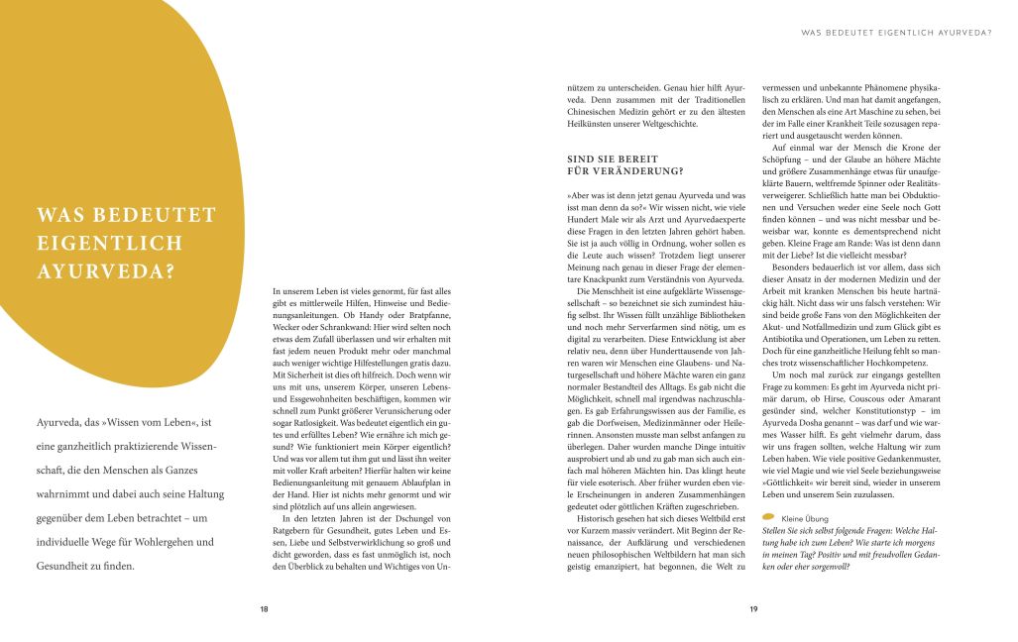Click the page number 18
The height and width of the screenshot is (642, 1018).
coord(264,608)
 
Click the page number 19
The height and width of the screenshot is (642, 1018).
coord(753,608)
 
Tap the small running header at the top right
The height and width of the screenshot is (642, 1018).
coord(896,33)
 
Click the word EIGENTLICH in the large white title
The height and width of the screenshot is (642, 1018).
coord(109,242)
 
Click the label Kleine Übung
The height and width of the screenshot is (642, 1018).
coord(806,517)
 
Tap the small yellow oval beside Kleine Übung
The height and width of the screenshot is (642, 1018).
coord(768,517)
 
